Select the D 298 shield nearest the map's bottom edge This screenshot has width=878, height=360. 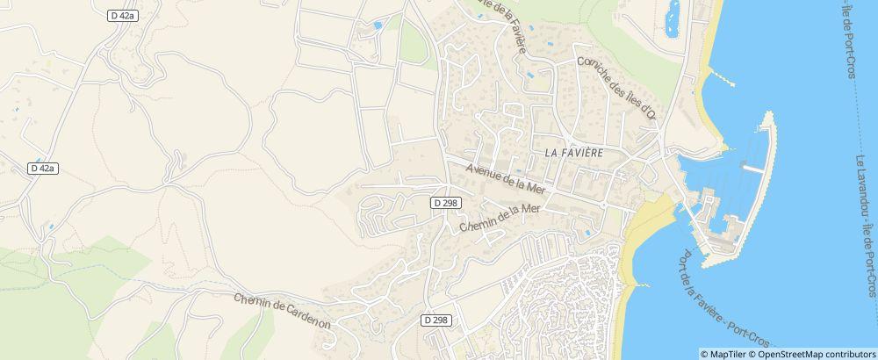click(x=435, y=320)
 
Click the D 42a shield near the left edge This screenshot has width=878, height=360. click(x=42, y=168)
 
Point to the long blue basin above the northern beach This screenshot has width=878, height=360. click(x=674, y=17)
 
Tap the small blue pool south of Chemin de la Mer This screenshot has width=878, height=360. click(x=586, y=234)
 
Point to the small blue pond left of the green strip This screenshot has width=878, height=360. click(x=378, y=26)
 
